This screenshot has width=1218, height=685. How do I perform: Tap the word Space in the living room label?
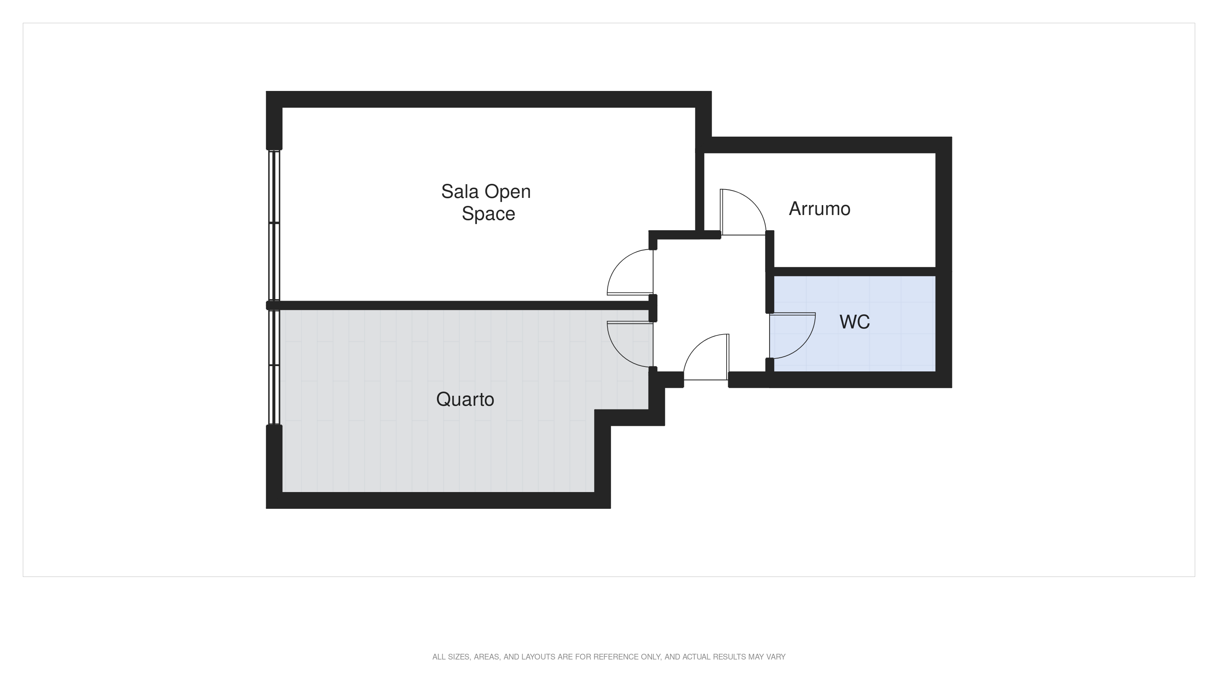pos(488,213)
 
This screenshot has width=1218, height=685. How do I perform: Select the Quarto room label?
pos(465,400)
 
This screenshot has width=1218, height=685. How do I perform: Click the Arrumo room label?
pos(819,209)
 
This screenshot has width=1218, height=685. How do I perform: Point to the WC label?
pos(855,322)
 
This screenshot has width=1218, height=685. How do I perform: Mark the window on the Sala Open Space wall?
pos(274,225)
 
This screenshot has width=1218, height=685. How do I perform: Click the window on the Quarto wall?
pos(274,366)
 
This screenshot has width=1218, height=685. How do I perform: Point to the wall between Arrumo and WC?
pos(853,271)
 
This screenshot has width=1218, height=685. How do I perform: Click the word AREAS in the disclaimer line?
pos(486,656)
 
